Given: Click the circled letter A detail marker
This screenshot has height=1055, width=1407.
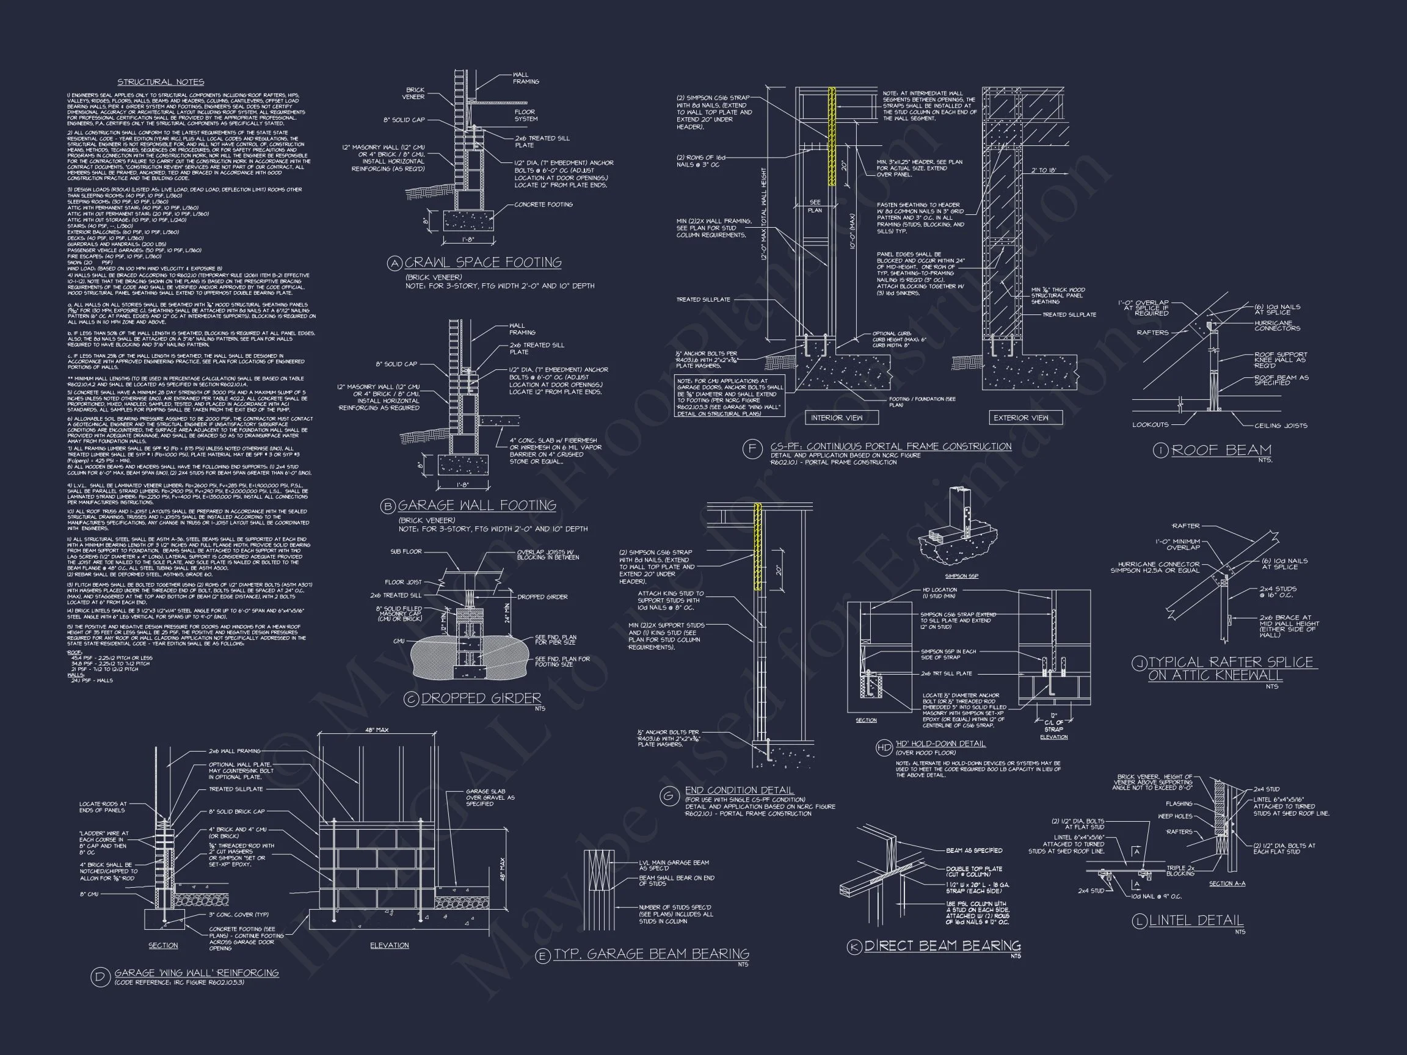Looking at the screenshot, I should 395,263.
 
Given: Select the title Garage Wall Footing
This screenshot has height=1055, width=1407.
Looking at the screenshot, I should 476,506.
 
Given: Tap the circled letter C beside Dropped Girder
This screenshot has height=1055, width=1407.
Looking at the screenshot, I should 412,700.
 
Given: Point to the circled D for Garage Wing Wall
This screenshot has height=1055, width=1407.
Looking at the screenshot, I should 101,976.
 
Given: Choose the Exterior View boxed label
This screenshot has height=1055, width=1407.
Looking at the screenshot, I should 1020,418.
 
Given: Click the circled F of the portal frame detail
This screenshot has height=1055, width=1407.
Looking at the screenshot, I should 752,449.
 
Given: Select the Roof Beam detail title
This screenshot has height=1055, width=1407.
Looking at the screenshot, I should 1221,450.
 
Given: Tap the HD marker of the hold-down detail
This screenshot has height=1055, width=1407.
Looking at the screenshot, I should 884,747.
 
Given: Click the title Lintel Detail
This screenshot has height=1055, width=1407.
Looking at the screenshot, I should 1196,920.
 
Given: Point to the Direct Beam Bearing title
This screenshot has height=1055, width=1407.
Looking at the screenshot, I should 942,946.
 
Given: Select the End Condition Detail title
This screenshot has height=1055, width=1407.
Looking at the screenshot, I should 739,791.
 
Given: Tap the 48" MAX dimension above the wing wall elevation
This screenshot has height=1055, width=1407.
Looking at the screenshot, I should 377,730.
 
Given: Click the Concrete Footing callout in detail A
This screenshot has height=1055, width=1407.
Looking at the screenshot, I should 544,205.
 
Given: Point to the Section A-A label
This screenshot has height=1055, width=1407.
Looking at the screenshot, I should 1227,884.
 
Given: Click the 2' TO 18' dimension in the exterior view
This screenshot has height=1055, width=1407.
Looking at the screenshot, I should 1044,170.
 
